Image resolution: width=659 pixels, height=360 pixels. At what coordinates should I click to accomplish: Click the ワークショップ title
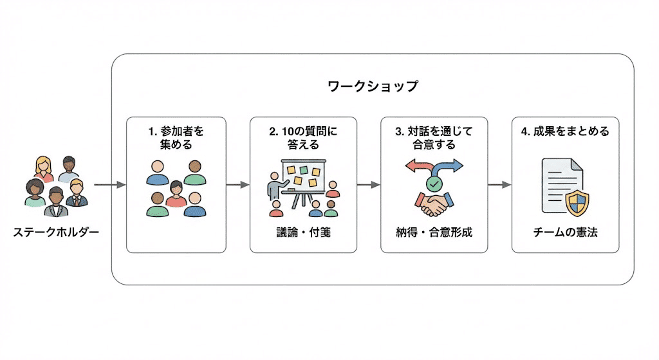(373, 86)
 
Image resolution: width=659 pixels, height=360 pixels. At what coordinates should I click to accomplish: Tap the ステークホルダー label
(56, 232)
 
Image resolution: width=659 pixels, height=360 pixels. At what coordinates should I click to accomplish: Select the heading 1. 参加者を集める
(176, 138)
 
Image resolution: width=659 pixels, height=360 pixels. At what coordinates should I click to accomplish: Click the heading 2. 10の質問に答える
(303, 138)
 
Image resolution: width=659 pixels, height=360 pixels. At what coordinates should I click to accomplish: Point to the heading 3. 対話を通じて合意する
(434, 138)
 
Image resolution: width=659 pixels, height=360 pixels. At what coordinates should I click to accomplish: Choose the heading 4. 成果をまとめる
(565, 131)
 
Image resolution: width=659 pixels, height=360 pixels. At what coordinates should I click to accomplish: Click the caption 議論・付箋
(304, 232)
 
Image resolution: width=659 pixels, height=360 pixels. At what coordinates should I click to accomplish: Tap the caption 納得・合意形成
(434, 232)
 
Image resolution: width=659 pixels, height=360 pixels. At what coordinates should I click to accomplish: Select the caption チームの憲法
(565, 232)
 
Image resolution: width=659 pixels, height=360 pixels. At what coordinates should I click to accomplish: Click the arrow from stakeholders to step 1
(109, 185)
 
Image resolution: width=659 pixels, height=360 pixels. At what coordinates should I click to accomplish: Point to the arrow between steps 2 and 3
(369, 185)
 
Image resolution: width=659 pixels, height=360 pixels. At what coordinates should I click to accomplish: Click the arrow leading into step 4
(499, 185)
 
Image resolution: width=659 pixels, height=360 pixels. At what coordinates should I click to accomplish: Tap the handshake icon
(434, 204)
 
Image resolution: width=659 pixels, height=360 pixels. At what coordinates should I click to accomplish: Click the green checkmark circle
(434, 184)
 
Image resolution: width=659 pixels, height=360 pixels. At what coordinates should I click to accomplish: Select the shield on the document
(577, 203)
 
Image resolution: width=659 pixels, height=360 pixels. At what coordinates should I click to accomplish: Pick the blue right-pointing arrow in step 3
(449, 167)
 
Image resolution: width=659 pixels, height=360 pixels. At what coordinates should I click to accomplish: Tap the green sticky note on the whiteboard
(304, 170)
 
